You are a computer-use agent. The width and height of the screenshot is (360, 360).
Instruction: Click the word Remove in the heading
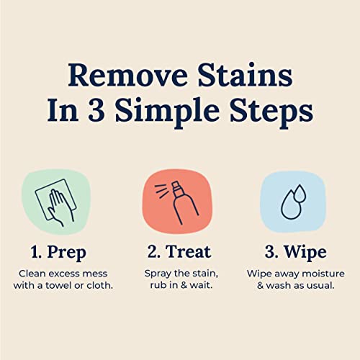click(x=120, y=76)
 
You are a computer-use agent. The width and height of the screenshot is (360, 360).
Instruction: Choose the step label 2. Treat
click(x=180, y=251)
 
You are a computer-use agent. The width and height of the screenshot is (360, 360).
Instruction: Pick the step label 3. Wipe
click(x=295, y=251)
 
